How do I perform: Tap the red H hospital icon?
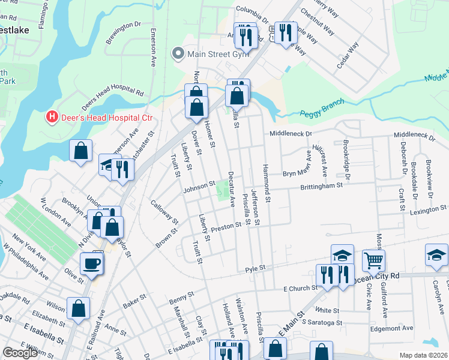(x=52, y=116)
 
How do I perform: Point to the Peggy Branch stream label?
(x=323, y=105)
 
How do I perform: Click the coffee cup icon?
(x=91, y=265)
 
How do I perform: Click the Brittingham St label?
(x=321, y=186)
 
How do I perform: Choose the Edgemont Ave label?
(x=391, y=328)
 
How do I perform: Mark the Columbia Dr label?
(x=255, y=10)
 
